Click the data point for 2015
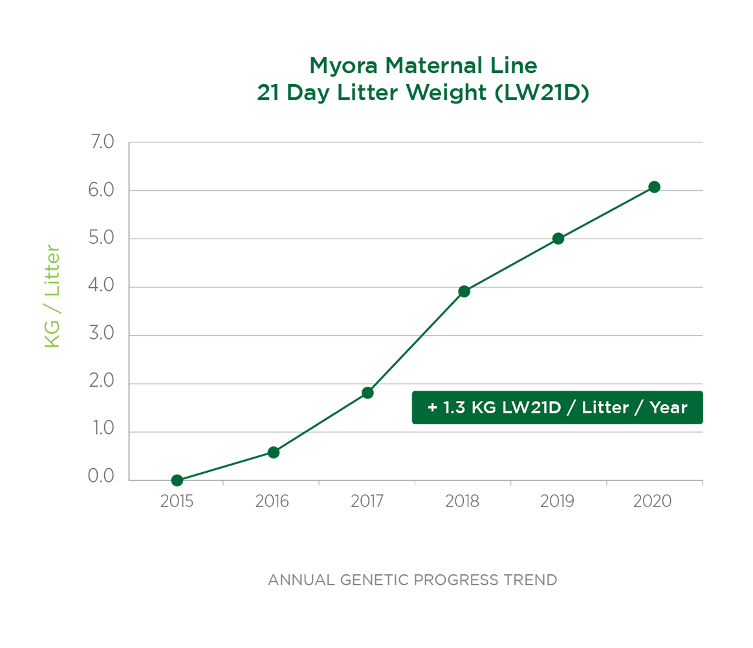(177, 480)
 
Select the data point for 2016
(273, 452)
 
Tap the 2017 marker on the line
(367, 393)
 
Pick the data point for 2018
(464, 291)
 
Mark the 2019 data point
(558, 239)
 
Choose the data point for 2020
(654, 187)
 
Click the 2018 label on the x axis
(462, 502)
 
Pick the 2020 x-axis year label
(653, 502)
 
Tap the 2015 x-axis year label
(177, 502)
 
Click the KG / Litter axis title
(52, 296)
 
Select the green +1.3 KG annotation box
(557, 407)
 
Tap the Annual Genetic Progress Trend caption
(412, 580)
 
